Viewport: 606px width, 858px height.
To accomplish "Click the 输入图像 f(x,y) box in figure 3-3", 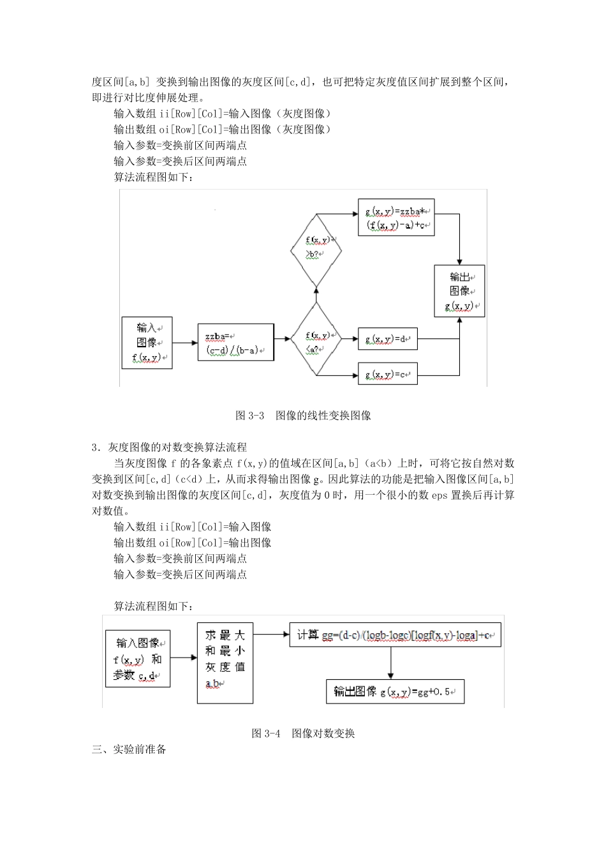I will click(147, 343).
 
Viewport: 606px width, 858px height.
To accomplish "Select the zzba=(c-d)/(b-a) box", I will click(235, 343).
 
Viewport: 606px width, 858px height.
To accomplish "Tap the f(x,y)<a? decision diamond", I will click(316, 339).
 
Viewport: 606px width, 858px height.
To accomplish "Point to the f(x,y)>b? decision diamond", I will click(316, 250).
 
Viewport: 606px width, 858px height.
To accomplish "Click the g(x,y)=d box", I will click(387, 339).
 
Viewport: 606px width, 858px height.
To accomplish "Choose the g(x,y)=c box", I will click(387, 374).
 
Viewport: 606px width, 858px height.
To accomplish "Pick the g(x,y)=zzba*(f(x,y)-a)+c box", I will click(396, 218).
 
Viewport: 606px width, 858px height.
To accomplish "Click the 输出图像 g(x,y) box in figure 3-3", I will click(459, 290).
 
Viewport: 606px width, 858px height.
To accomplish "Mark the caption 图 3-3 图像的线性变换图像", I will click(303, 416).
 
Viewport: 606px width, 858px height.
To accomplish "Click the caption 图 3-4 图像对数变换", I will click(303, 734).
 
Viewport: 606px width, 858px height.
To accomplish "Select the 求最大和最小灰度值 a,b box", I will click(225, 663).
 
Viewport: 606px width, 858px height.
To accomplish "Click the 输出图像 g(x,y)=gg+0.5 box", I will click(395, 691).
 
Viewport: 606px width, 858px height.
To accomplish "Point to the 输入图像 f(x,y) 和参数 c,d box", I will click(138, 659).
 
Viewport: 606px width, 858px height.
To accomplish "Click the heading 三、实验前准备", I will click(129, 749).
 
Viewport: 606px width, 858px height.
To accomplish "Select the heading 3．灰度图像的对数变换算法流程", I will click(169, 448).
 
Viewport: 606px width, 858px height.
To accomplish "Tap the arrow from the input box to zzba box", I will click(185, 343).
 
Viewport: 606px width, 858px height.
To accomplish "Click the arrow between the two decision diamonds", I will click(316, 294).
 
